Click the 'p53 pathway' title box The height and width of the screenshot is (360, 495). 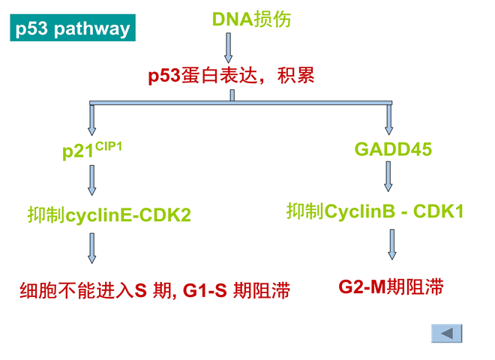pos(73,28)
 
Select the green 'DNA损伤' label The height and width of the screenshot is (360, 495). pos(251,19)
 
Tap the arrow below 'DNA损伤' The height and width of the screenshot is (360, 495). pos(228,48)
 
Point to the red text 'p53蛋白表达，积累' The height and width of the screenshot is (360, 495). pos(232,76)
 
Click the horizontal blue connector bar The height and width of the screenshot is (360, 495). pos(241,103)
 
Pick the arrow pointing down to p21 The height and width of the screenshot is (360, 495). pos(91,120)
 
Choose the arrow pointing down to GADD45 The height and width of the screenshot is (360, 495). pos(389,120)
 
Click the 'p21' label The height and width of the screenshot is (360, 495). pos(78,151)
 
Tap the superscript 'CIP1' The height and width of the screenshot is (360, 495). pos(108,146)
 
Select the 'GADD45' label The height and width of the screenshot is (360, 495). pos(393,149)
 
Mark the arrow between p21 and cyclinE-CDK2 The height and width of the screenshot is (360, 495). pos(91,180)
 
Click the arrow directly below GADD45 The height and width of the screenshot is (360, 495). pos(388,176)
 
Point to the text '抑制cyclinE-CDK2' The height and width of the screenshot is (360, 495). pos(109,214)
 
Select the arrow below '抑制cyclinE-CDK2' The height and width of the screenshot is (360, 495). pos(91,248)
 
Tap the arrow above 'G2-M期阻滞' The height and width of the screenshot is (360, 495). pos(392,244)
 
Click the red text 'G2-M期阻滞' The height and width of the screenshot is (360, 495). pos(391,287)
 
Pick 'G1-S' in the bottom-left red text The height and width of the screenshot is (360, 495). pos(205,290)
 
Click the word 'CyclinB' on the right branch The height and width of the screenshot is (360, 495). pos(359,211)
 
